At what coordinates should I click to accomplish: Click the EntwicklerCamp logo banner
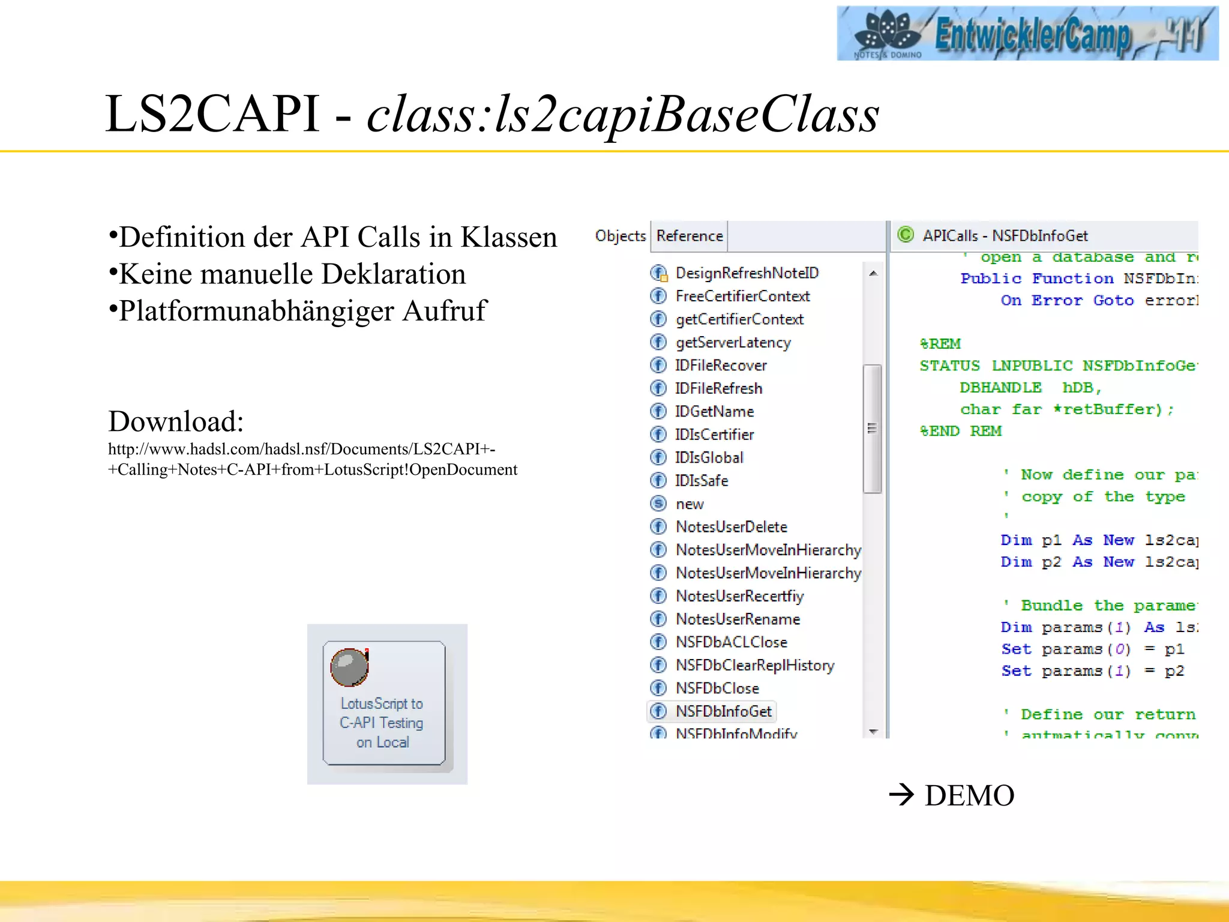pos(1027,33)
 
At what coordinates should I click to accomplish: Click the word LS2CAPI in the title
pos(212,114)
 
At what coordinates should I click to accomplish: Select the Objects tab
pos(620,236)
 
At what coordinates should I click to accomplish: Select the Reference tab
pos(689,236)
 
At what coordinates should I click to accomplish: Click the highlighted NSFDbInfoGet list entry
pos(723,711)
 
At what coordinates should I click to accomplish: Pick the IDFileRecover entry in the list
pos(720,365)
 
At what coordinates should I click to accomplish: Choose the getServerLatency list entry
pos(733,342)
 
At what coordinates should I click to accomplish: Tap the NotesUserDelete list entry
pos(731,526)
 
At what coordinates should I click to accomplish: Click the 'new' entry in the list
pos(690,504)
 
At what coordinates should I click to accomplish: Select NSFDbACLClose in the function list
pos(731,642)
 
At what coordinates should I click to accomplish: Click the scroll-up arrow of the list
pos(873,274)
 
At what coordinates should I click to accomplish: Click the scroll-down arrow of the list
pos(873,731)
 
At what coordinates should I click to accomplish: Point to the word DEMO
pos(969,795)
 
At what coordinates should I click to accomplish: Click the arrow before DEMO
pos(901,795)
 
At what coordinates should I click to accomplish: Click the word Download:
pos(176,421)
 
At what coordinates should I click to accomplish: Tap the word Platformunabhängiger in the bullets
pos(256,311)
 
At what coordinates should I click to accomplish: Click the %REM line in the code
pos(940,344)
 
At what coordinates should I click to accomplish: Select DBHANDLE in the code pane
pos(1000,388)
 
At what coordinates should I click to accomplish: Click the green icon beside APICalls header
pos(905,235)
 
